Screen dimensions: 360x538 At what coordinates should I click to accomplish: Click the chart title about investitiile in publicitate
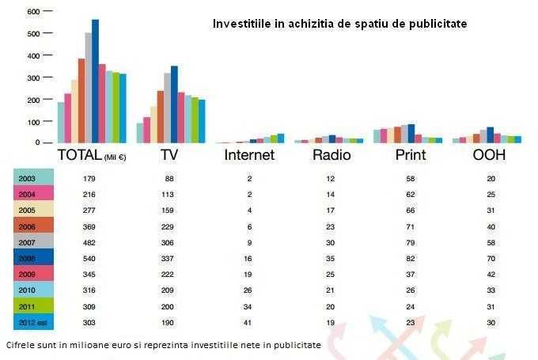coord(339,24)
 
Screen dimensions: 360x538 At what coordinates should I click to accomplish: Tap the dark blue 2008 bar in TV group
coord(174,104)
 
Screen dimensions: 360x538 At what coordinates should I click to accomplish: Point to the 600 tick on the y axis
coord(32,12)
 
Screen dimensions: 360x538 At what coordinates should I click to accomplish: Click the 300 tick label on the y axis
coord(32,78)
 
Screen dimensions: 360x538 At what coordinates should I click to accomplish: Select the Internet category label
coord(249,155)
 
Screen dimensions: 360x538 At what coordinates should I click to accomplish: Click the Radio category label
coord(332,155)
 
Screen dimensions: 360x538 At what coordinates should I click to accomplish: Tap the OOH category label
coord(489,155)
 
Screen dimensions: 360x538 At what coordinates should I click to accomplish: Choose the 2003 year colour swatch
coord(33,178)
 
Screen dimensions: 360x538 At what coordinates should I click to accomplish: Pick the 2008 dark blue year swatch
coord(33,257)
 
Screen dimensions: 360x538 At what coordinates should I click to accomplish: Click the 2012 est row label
coord(33,322)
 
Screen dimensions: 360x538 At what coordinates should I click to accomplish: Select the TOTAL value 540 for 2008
coord(89,258)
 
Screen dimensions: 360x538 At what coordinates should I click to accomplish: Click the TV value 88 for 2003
coord(169,179)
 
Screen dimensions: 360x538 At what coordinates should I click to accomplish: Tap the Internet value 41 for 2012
coord(248,322)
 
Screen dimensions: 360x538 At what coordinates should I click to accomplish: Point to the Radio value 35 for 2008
coord(330,258)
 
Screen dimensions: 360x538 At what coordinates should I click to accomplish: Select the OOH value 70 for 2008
coord(492,258)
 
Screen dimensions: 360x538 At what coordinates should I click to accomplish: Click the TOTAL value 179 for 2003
coord(89,179)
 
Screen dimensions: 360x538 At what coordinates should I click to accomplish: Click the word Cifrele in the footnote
coord(19,345)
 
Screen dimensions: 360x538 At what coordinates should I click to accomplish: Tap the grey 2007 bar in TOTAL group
coord(88,87)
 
